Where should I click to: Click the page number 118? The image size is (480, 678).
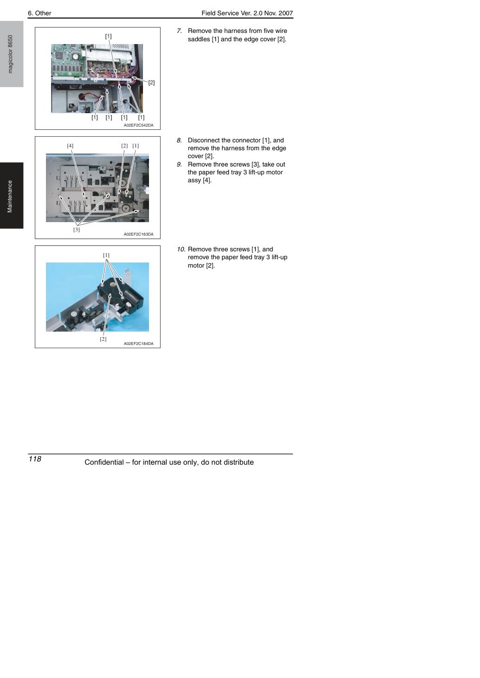35,459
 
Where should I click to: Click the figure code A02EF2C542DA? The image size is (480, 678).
138,125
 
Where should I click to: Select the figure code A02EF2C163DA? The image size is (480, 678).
138,234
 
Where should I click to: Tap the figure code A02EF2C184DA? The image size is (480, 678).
138,344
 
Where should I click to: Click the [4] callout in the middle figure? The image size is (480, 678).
70,146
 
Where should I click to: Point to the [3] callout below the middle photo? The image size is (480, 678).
76,230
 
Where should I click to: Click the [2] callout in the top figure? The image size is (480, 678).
151,83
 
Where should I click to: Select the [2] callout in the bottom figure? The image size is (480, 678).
103,339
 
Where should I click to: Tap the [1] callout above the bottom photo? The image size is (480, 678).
106,255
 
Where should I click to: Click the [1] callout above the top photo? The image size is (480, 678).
108,36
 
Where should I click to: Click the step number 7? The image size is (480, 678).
179,31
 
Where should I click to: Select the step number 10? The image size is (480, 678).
181,249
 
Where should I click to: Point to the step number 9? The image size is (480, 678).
179,164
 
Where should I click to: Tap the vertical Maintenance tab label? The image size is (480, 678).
10,197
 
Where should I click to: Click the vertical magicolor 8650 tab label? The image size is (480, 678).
10,54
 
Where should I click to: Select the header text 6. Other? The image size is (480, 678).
39,13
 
